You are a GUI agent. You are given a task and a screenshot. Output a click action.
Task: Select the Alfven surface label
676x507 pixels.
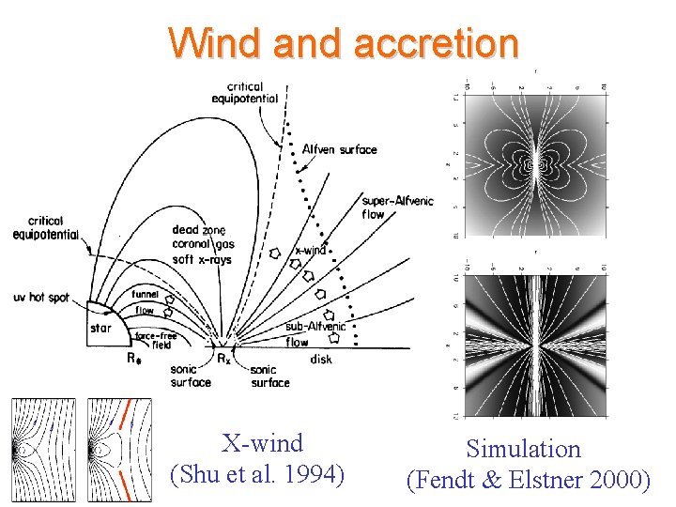(x=339, y=149)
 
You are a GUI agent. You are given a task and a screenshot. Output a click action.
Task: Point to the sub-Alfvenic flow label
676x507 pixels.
(x=315, y=333)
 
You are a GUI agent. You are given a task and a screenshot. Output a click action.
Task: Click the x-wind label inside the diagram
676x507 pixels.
(x=311, y=251)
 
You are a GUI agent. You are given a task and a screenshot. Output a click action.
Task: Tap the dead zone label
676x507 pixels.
(x=198, y=230)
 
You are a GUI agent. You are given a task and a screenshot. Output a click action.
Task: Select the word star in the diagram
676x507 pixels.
(x=100, y=328)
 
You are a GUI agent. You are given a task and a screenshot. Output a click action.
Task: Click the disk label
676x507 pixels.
(x=320, y=359)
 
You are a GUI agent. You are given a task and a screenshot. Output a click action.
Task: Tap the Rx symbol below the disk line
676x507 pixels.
(x=223, y=358)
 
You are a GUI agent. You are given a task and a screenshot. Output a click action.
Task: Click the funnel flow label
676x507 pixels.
(x=145, y=301)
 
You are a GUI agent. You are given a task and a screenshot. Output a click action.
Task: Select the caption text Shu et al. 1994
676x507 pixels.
(x=257, y=475)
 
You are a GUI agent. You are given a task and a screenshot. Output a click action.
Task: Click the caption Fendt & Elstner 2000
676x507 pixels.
(x=528, y=480)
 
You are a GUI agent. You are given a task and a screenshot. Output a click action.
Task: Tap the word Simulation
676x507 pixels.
(x=524, y=449)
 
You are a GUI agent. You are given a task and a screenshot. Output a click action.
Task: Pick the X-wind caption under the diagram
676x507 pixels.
(x=262, y=443)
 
